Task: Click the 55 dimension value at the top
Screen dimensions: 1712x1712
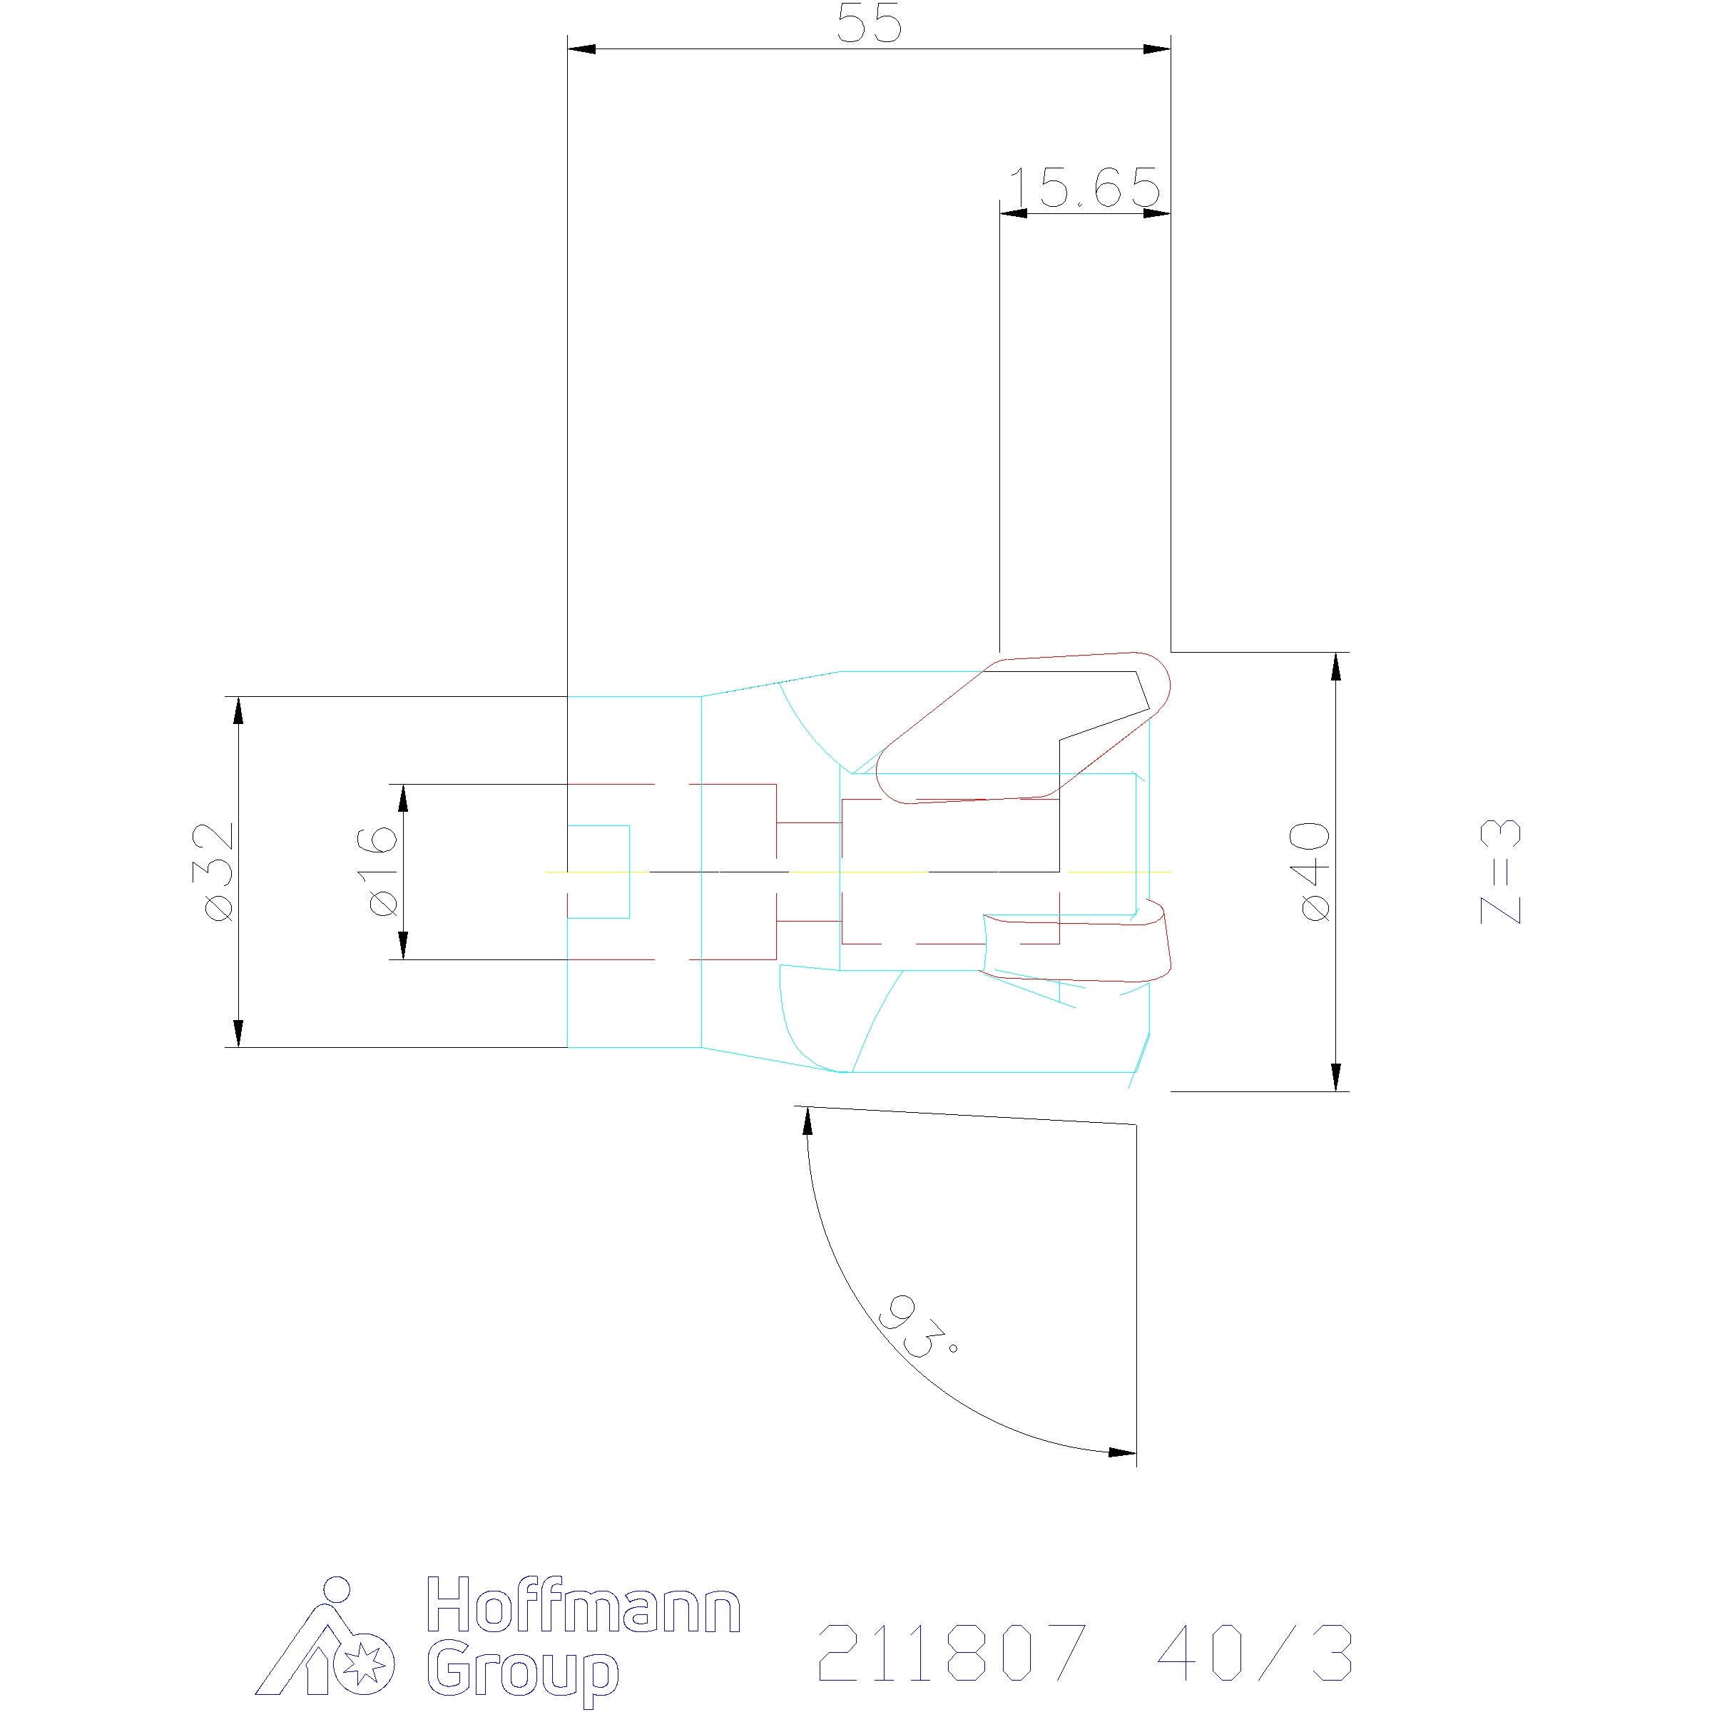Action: pyautogui.click(x=870, y=25)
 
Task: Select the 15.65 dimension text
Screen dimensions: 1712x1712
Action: pyautogui.click(x=1084, y=188)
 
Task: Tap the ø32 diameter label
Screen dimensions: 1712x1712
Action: pyautogui.click(x=218, y=871)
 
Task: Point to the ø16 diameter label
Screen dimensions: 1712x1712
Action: pyautogui.click(x=381, y=871)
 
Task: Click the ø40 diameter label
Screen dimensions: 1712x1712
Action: pyautogui.click(x=1314, y=871)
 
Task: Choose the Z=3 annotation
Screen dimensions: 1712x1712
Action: pyautogui.click(x=1501, y=871)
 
